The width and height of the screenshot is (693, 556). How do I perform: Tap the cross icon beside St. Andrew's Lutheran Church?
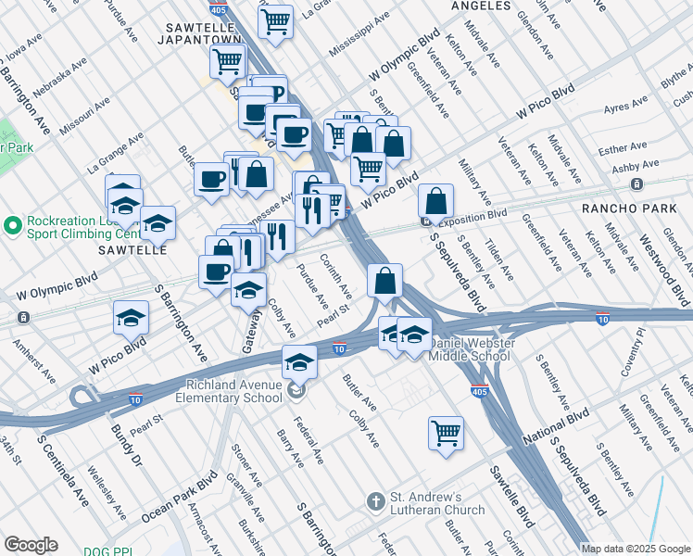click(x=375, y=501)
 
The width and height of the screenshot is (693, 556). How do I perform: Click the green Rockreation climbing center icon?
click(x=12, y=225)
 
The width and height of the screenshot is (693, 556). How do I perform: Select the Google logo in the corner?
click(x=31, y=544)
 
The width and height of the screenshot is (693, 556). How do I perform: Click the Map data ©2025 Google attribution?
click(x=636, y=548)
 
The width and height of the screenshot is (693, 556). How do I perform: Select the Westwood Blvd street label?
click(x=667, y=270)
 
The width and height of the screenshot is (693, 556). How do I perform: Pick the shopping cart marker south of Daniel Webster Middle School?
click(x=446, y=433)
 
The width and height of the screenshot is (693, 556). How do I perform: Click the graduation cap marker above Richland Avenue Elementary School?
click(x=299, y=362)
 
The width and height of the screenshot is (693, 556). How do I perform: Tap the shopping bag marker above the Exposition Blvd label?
click(x=435, y=200)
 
